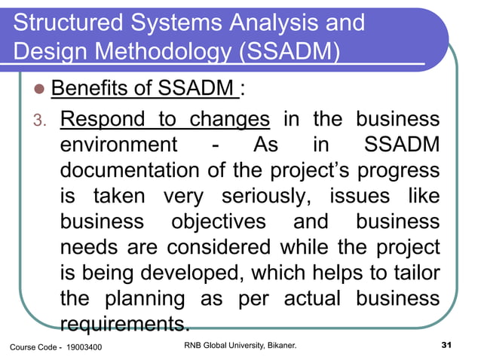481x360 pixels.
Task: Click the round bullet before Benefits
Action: (41, 92)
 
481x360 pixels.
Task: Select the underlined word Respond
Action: (106, 120)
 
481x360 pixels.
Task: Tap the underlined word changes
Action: (229, 120)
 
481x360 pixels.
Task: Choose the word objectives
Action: (219, 222)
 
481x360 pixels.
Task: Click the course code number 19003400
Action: (84, 346)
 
